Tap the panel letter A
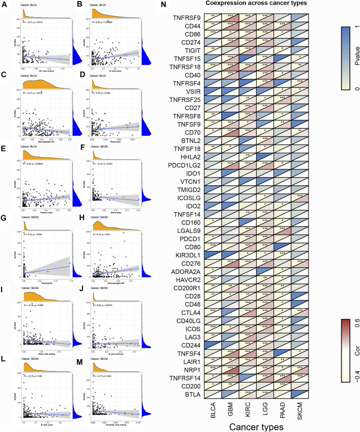tap(5, 5)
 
